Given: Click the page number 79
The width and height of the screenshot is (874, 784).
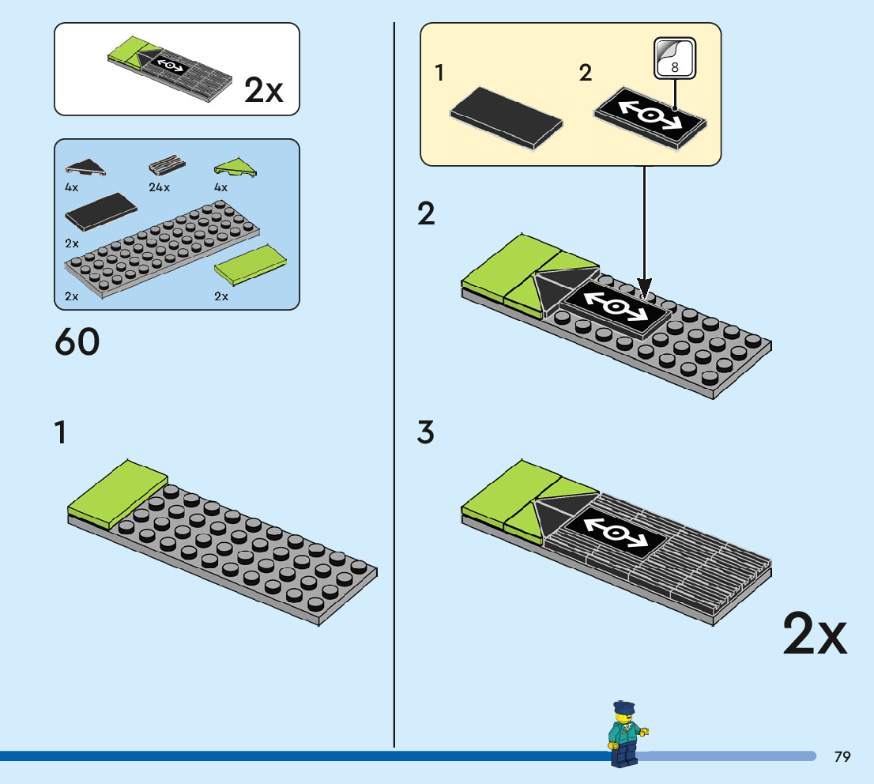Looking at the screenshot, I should (842, 757).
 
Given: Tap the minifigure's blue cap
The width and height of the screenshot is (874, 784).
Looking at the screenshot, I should (623, 705).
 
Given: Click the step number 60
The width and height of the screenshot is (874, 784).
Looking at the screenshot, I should (77, 342).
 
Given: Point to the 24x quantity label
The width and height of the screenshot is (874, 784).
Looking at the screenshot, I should (159, 188).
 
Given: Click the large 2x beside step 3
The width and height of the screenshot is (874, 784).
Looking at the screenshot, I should (815, 635).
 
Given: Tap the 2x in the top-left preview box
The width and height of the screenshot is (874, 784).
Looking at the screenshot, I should (263, 91).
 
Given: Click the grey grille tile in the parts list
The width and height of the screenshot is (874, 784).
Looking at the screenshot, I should (167, 167).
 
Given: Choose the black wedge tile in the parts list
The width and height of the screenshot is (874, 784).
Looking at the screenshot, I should (85, 167).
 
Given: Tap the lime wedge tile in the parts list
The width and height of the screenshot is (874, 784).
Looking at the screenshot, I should (235, 167).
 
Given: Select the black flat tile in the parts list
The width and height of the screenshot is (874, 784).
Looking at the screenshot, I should (100, 210).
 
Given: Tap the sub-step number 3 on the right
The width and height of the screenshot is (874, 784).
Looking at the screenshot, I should (426, 433).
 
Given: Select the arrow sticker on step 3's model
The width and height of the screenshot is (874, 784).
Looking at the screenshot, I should (613, 530).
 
